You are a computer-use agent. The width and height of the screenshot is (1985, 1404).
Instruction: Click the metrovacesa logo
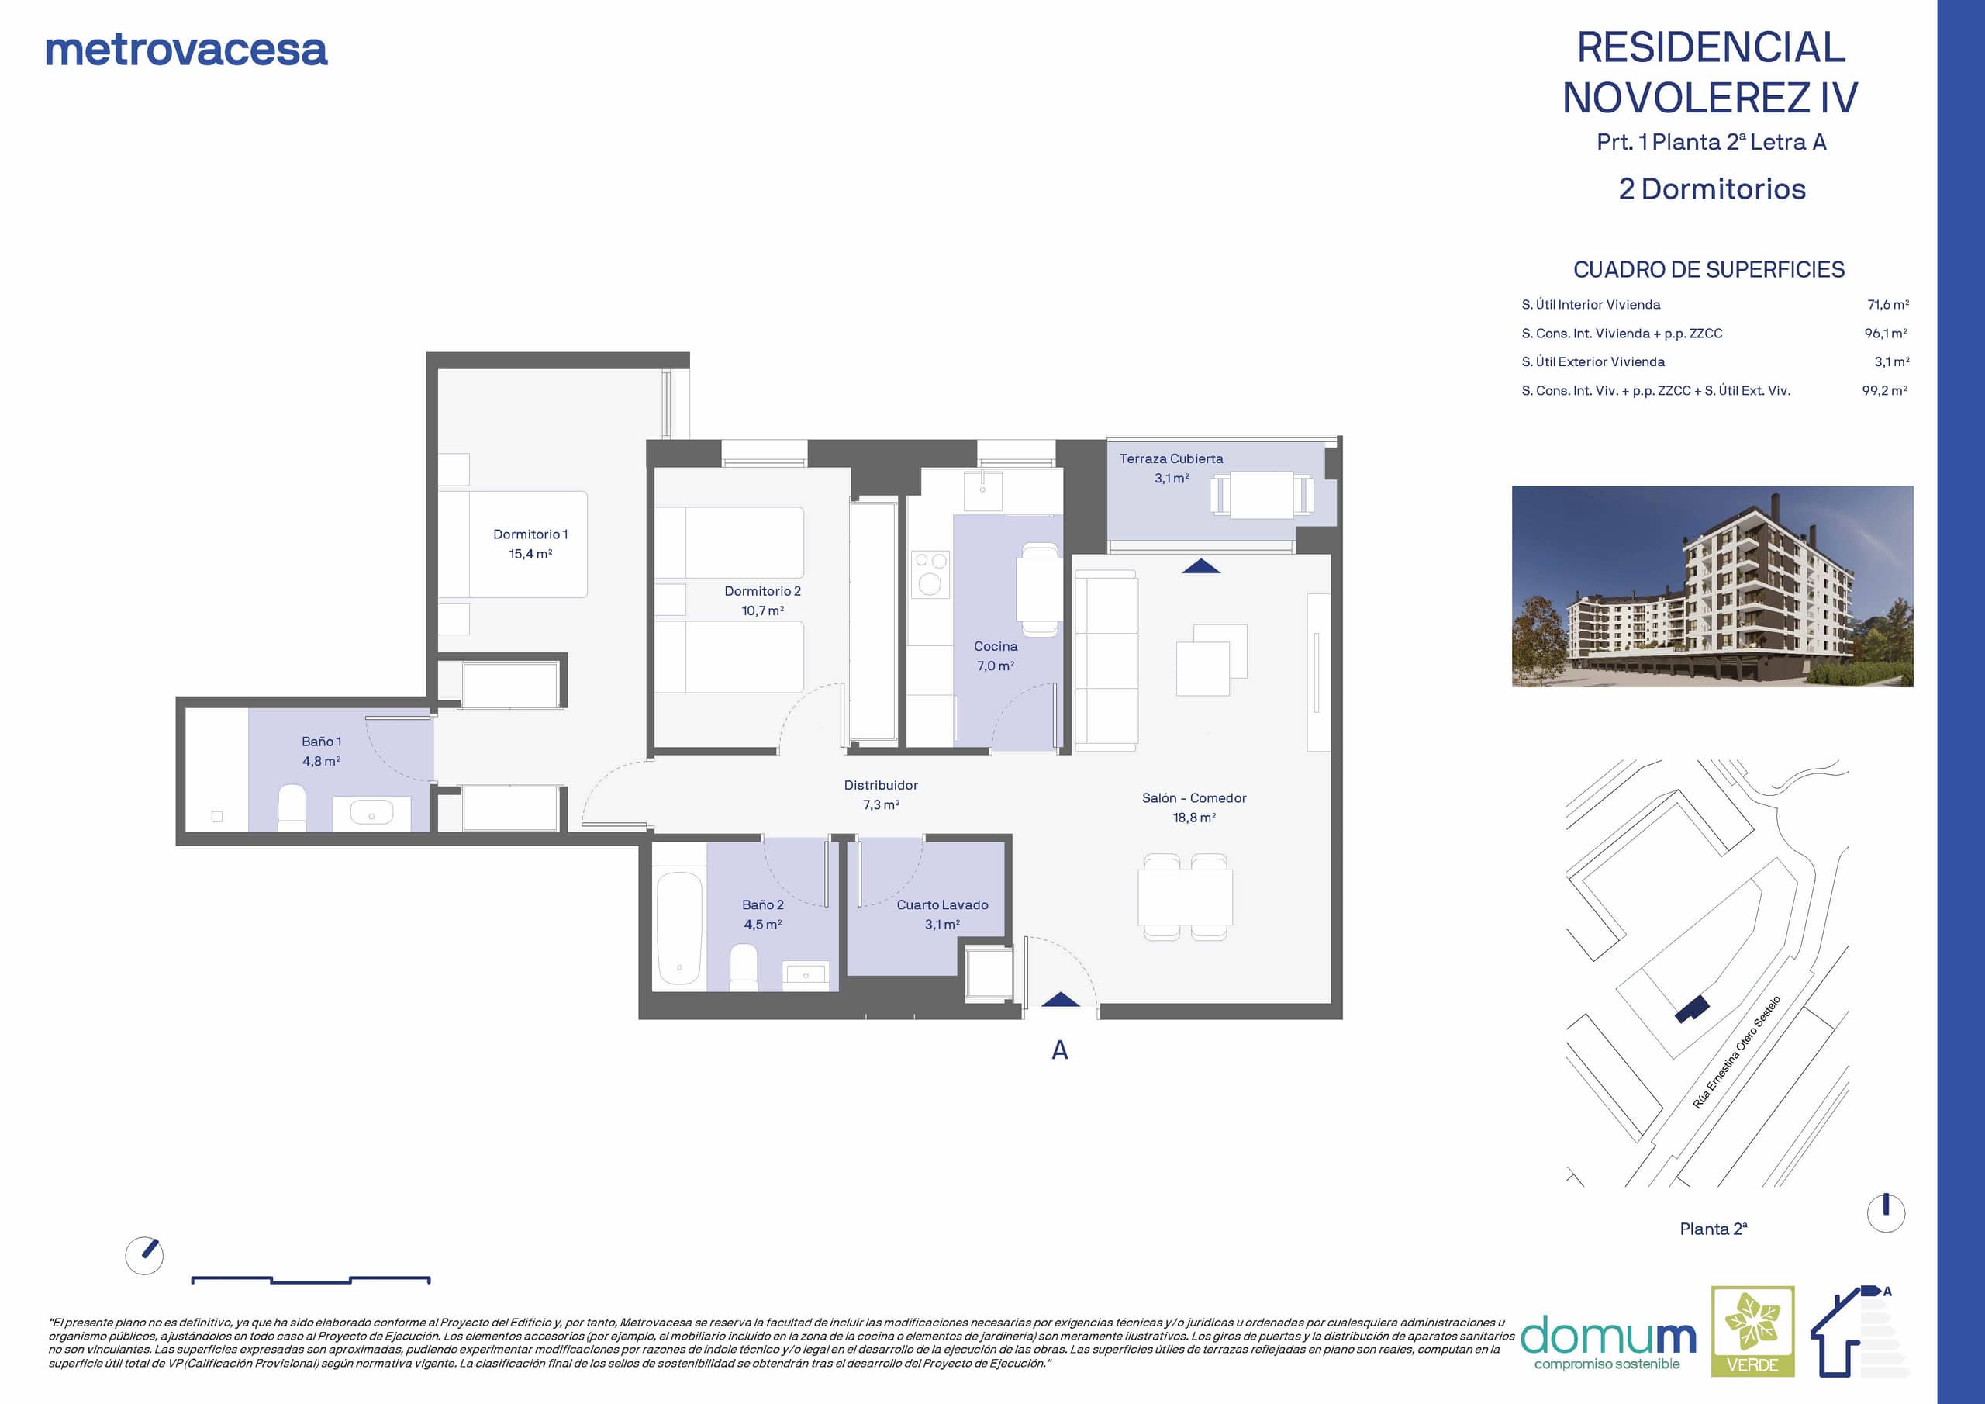click(x=187, y=50)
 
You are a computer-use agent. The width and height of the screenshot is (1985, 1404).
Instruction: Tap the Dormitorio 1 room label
click(x=530, y=534)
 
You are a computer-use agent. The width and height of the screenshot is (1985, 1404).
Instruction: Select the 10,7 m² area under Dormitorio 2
click(x=762, y=610)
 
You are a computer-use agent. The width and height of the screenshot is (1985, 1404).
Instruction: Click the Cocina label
click(x=995, y=646)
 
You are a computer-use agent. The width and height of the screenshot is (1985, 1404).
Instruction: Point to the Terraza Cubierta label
click(x=1171, y=458)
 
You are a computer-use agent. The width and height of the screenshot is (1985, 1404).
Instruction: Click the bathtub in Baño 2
click(x=679, y=929)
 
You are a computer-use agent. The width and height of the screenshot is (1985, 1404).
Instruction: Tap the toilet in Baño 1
click(x=292, y=808)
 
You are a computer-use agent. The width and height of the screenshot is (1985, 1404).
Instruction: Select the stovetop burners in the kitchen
click(x=930, y=573)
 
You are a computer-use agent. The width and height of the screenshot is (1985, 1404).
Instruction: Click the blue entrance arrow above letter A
click(x=1060, y=999)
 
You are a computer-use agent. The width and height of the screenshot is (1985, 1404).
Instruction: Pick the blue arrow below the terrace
click(x=1201, y=566)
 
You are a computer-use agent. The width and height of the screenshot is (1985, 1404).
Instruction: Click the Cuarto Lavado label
click(x=941, y=905)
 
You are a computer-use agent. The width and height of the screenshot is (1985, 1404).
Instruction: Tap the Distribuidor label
click(x=881, y=786)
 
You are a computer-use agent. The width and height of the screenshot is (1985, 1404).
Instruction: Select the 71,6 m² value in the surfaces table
click(x=1888, y=305)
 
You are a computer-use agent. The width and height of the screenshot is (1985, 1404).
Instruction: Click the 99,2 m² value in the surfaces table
click(x=1885, y=390)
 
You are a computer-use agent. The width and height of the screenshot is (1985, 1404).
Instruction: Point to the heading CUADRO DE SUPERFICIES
click(x=1708, y=270)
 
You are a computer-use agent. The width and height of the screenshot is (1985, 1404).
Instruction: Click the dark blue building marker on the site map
click(x=1692, y=1008)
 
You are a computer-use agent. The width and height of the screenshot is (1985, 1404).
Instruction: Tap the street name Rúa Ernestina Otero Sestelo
click(x=1736, y=1052)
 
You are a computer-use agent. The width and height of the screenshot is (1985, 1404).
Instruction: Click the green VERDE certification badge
click(x=1752, y=1331)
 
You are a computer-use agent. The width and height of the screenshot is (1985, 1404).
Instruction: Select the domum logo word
click(x=1608, y=1336)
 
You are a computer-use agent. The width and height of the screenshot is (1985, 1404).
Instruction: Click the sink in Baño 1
click(x=371, y=812)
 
